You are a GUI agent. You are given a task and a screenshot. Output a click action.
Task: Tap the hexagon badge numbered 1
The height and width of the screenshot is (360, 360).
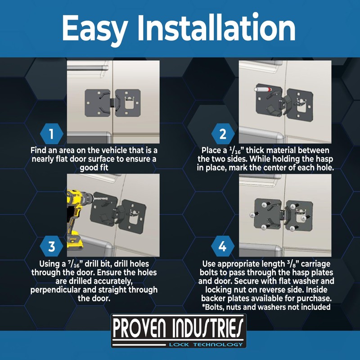click(51, 134)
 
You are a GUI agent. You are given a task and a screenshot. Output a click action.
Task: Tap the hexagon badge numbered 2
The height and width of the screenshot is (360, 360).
click(223, 134)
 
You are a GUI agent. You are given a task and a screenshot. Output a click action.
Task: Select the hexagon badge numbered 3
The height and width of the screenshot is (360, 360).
click(51, 247)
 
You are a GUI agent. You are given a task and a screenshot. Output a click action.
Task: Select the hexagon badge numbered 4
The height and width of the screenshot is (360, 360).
click(223, 247)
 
